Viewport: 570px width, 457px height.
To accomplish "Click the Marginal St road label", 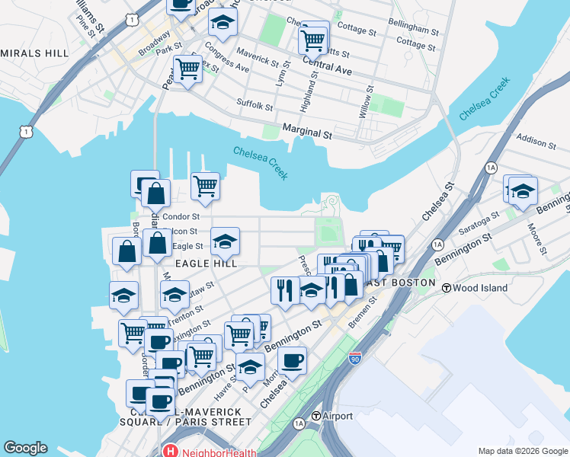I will pyautogui.click(x=307, y=133).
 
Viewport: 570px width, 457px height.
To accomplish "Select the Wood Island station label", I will pyautogui.click(x=476, y=288).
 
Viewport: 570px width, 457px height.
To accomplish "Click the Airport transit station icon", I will pyautogui.click(x=317, y=416).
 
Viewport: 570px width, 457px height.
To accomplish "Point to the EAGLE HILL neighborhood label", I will pyautogui.click(x=207, y=263).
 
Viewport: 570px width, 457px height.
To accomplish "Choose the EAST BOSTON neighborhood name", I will pyautogui.click(x=400, y=283).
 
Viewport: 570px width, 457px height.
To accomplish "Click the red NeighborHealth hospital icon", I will pyautogui.click(x=168, y=451).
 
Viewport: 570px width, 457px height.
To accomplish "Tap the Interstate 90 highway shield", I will pyautogui.click(x=354, y=357).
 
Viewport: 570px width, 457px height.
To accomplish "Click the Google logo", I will pyautogui.click(x=25, y=448).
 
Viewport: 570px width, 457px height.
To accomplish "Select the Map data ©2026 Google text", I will pyautogui.click(x=521, y=451).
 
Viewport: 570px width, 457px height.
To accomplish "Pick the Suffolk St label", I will pyautogui.click(x=255, y=106).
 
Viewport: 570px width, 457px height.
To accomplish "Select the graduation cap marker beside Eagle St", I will pyautogui.click(x=225, y=241).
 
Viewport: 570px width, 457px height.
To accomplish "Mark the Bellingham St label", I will pyautogui.click(x=411, y=27).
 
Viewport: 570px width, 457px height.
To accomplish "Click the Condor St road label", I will pyautogui.click(x=181, y=216).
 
